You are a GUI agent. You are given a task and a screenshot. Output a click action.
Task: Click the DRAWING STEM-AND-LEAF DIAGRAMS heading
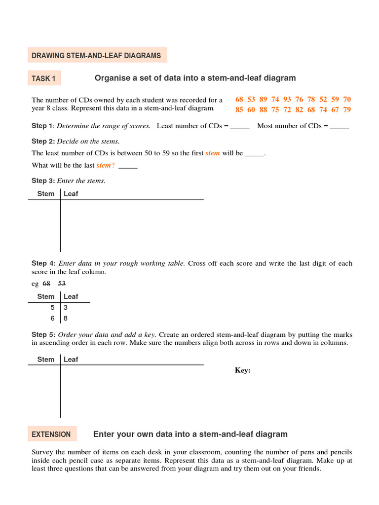(x=97, y=56)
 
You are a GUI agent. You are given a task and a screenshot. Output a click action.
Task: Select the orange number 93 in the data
(x=287, y=99)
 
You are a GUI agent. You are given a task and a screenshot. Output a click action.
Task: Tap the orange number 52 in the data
(x=323, y=99)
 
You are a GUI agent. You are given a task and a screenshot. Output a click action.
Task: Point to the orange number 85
(x=239, y=109)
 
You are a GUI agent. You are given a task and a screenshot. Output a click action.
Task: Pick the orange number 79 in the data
(x=347, y=109)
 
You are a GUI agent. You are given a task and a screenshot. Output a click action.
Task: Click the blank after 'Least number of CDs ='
(x=240, y=126)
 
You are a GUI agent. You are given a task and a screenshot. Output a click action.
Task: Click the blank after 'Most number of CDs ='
(x=340, y=126)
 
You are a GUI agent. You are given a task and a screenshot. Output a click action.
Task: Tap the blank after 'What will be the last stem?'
(x=128, y=166)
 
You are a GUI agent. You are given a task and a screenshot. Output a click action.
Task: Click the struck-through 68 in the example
(x=46, y=284)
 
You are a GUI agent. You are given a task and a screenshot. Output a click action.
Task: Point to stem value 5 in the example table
(x=53, y=307)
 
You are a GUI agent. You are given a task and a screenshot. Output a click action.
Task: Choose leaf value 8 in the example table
(x=66, y=319)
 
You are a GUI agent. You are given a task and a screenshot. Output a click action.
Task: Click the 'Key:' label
(x=242, y=370)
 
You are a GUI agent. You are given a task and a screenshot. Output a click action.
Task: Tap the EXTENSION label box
(x=51, y=434)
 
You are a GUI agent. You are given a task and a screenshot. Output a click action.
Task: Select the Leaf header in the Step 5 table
(x=71, y=360)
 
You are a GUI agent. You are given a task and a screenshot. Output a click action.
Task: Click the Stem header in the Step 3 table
(x=46, y=194)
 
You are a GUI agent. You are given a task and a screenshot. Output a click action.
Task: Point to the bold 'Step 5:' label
(x=43, y=334)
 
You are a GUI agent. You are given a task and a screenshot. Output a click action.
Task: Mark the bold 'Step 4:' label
(x=43, y=263)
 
